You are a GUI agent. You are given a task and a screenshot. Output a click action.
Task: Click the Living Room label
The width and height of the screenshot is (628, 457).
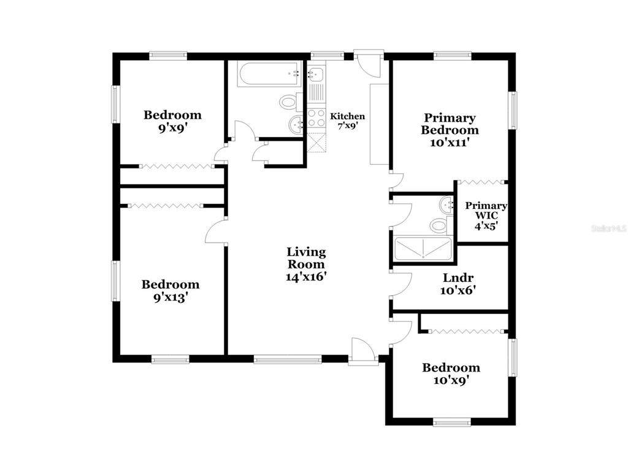[306, 264]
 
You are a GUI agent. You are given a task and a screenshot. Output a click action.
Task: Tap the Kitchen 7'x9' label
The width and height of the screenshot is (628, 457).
[347, 121]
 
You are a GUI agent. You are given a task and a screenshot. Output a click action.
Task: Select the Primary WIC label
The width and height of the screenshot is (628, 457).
[486, 216]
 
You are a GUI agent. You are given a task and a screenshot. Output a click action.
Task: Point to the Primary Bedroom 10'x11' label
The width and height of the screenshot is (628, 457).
[450, 130]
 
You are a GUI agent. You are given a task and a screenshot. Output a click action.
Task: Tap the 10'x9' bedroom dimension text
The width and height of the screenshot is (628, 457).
[451, 380]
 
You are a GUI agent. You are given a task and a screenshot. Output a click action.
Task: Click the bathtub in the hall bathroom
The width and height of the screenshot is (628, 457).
[269, 74]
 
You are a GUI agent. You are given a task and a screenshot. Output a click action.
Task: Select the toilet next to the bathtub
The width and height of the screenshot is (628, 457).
[290, 101]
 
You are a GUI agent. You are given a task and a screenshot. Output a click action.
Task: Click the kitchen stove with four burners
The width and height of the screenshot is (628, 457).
[316, 117]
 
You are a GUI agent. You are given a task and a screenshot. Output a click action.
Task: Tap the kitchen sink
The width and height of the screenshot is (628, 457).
[316, 74]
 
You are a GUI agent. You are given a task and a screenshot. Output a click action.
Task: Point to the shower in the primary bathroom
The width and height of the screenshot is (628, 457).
[423, 249]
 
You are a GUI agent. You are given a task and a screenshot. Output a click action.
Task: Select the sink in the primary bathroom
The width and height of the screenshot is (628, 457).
[446, 205]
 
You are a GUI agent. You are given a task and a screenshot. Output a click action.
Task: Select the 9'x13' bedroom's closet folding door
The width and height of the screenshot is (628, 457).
[166, 206]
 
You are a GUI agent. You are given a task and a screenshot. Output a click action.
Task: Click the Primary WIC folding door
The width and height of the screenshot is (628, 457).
[480, 182]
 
